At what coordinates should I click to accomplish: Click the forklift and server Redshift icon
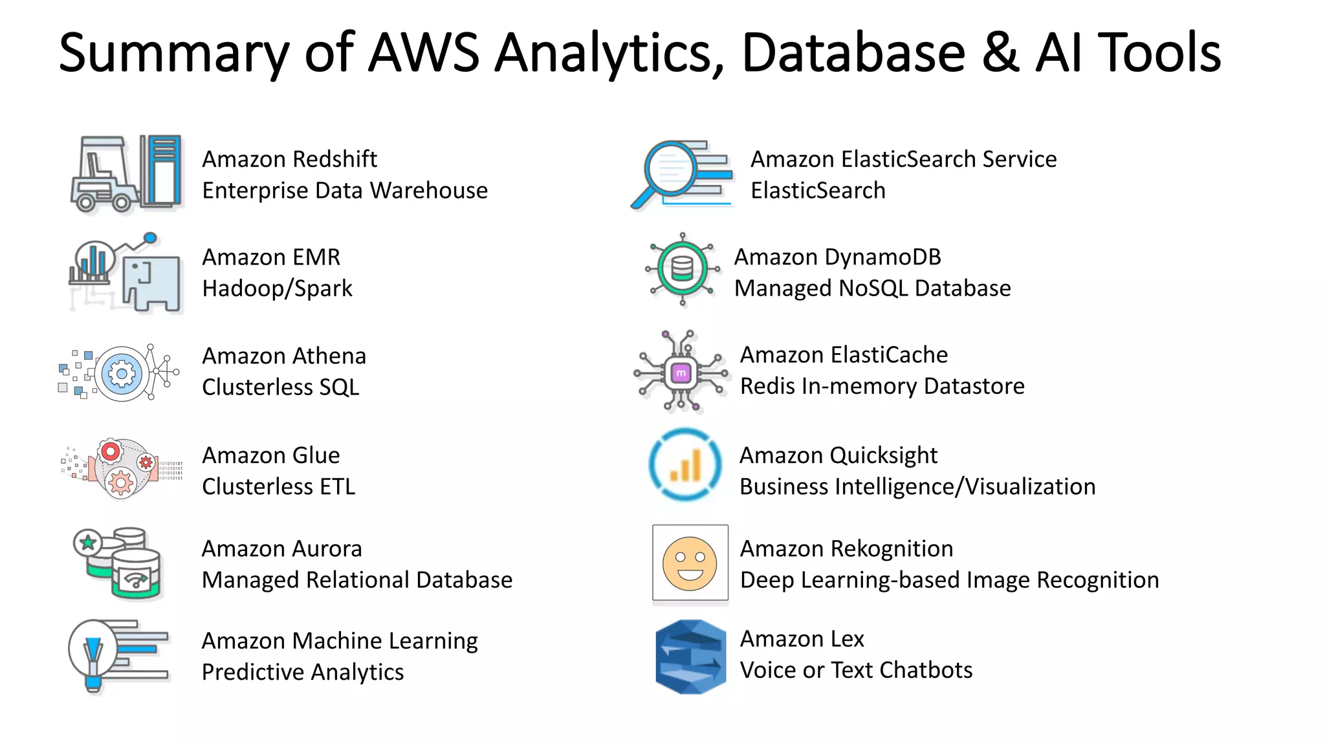[x=126, y=173]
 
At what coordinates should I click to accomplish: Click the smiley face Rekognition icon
[x=690, y=563]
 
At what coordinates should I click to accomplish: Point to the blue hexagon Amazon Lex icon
[x=690, y=657]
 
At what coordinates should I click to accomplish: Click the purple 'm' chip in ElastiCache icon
[x=681, y=373]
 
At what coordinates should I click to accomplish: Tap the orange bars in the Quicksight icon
[x=686, y=467]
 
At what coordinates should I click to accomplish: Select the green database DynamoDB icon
[x=683, y=268]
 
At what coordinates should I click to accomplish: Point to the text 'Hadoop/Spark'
[x=277, y=288]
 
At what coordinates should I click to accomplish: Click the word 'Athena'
[x=329, y=356]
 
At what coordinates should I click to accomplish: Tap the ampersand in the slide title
[x=1000, y=53]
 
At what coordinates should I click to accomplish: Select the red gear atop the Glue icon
[x=111, y=451]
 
